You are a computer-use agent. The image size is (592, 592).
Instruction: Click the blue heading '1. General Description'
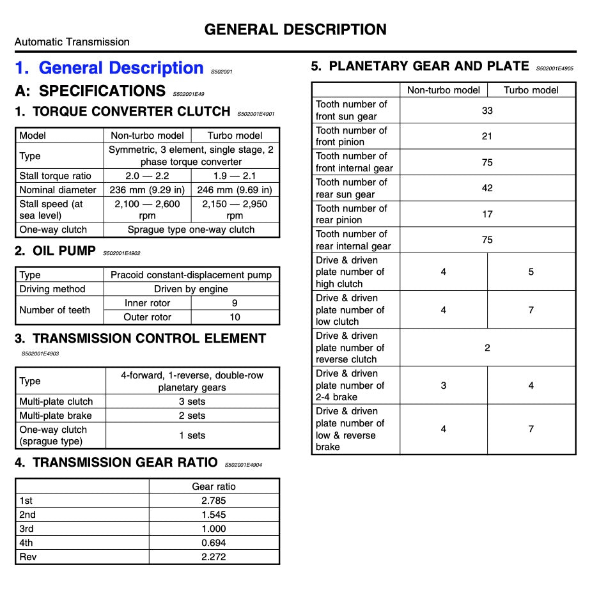pyautogui.click(x=109, y=68)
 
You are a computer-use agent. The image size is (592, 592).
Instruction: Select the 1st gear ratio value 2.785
pyautogui.click(x=214, y=501)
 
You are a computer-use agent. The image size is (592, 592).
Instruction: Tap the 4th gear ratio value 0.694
pyautogui.click(x=214, y=543)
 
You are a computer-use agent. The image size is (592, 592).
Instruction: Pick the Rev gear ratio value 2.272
pyautogui.click(x=214, y=557)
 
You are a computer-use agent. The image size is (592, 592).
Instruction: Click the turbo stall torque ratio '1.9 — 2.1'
pyautogui.click(x=235, y=176)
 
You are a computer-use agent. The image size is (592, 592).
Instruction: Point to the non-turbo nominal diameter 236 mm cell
pyautogui.click(x=147, y=190)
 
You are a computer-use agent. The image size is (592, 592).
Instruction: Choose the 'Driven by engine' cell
pyautogui.click(x=191, y=289)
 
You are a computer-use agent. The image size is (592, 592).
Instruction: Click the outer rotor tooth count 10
pyautogui.click(x=235, y=317)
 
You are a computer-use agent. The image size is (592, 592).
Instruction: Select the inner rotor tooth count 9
pyautogui.click(x=235, y=303)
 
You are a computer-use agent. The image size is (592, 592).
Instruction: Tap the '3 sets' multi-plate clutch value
pyautogui.click(x=192, y=401)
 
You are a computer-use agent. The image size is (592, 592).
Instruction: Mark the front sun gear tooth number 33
pyautogui.click(x=487, y=111)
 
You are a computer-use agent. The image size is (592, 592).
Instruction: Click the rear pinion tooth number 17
pyautogui.click(x=487, y=214)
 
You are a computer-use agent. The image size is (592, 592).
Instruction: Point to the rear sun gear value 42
pyautogui.click(x=487, y=188)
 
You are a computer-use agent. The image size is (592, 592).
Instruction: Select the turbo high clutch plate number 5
pyautogui.click(x=531, y=272)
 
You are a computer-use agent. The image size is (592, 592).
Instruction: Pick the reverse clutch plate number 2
pyautogui.click(x=487, y=348)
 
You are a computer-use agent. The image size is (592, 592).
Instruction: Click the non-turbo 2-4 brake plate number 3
pyautogui.click(x=443, y=386)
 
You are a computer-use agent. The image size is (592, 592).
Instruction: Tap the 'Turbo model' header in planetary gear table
pyautogui.click(x=531, y=90)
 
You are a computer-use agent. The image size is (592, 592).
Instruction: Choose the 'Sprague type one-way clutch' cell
pyautogui.click(x=191, y=230)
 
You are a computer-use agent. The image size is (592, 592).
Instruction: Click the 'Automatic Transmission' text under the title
pyautogui.click(x=72, y=42)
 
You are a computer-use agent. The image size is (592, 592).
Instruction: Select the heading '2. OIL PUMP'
pyautogui.click(x=55, y=251)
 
